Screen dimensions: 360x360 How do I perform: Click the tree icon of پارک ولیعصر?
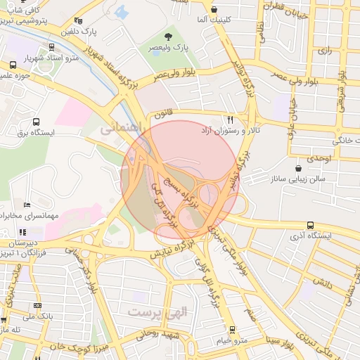[168, 37]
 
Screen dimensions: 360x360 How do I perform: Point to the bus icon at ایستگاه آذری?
[310, 225]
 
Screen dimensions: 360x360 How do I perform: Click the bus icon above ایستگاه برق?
[36, 121]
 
